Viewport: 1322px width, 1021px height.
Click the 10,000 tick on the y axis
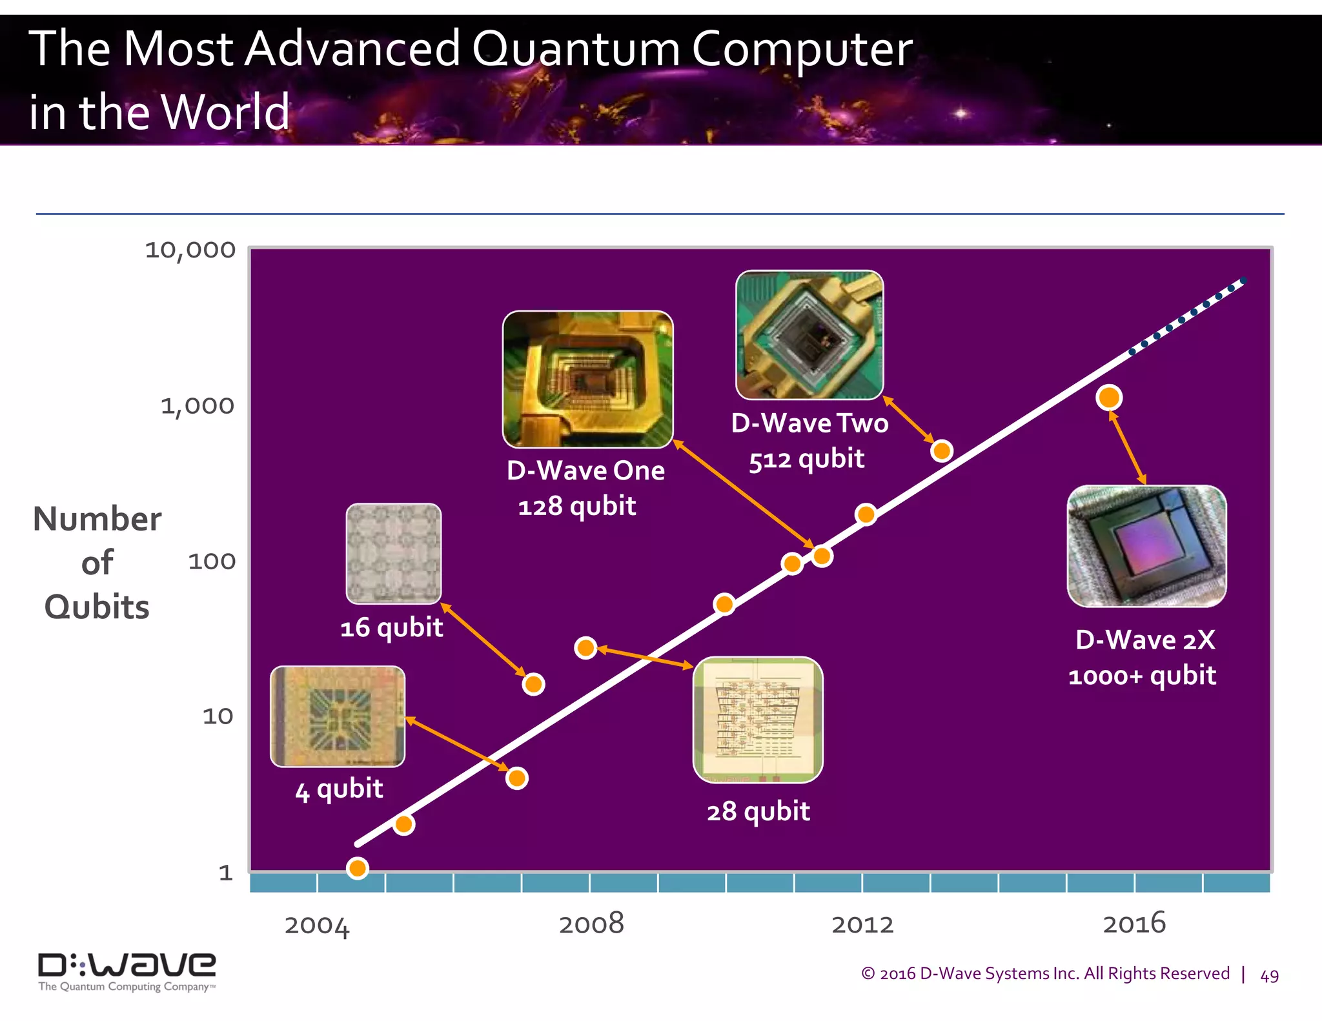tap(190, 250)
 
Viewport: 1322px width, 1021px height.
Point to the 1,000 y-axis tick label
tap(198, 406)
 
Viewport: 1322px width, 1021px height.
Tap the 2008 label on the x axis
tap(591, 924)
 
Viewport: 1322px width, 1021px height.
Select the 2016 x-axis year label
tap(1134, 924)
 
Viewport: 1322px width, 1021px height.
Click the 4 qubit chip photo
tap(338, 716)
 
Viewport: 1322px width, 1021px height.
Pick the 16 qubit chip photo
tap(394, 554)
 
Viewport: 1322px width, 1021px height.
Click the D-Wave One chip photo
tap(587, 379)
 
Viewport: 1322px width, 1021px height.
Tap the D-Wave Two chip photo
tap(809, 335)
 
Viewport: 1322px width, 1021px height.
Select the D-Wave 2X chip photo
tap(1146, 546)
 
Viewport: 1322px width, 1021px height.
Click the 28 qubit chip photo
tap(758, 720)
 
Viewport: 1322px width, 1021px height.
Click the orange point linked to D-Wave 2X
tap(1109, 398)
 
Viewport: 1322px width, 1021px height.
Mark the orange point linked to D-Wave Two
tap(942, 450)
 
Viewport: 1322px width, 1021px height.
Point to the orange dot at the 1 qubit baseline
tap(358, 868)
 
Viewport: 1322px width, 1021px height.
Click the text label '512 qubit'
tap(806, 460)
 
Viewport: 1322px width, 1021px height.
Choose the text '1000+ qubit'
tap(1142, 676)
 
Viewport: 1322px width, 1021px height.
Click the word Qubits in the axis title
tap(97, 607)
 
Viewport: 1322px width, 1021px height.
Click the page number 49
tap(1269, 976)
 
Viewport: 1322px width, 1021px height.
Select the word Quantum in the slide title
tap(576, 49)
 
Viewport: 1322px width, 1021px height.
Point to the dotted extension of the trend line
tap(1188, 316)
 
